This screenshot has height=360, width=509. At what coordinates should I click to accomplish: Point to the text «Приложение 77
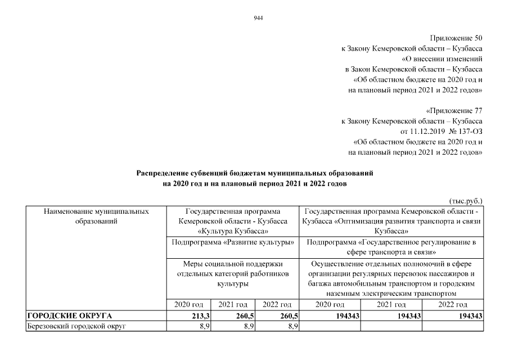click(454, 111)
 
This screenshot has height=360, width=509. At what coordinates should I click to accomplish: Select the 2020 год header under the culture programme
click(189, 304)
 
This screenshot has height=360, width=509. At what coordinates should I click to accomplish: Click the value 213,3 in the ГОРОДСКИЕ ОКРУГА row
click(201, 316)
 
